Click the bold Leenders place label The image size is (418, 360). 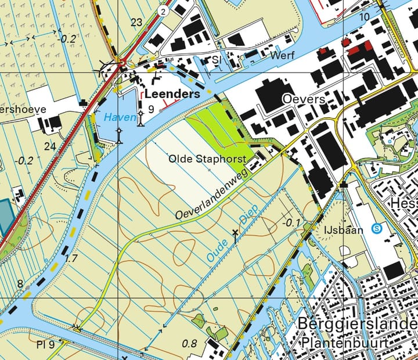(172, 93)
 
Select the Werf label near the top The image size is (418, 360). (283, 55)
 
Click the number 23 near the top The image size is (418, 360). (137, 23)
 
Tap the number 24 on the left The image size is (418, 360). (50, 146)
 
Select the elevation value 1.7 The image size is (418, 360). (71, 257)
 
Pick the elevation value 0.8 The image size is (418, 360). (190, 344)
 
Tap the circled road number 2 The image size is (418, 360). (164, 11)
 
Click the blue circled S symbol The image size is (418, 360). (377, 228)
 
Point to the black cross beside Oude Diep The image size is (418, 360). (236, 235)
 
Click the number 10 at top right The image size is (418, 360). (364, 16)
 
